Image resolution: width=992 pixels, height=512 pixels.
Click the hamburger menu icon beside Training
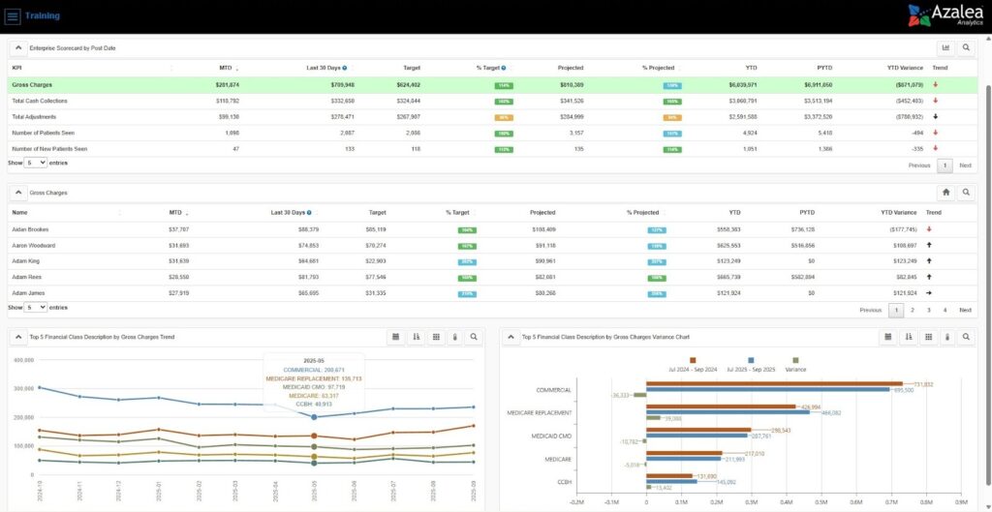pos(14,16)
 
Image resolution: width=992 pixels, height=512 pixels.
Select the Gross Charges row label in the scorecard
pos(32,85)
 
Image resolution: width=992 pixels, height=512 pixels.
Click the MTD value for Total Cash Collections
pos(226,101)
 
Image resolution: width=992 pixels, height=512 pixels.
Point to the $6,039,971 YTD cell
pos(744,85)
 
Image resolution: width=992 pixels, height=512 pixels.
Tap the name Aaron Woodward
pos(34,246)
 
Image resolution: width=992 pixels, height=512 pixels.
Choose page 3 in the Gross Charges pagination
pos(928,310)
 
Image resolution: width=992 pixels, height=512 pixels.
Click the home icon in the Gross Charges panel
pos(946,193)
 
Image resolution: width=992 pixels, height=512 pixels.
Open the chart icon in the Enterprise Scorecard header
pos(946,47)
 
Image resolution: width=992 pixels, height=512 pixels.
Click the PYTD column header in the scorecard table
pos(823,68)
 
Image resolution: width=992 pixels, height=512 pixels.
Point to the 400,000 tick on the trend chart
pos(22,359)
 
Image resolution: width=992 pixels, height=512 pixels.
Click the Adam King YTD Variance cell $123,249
pos(900,261)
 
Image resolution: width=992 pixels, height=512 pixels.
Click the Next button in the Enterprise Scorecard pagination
pos(965,166)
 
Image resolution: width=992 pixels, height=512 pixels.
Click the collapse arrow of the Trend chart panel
pos(18,337)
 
